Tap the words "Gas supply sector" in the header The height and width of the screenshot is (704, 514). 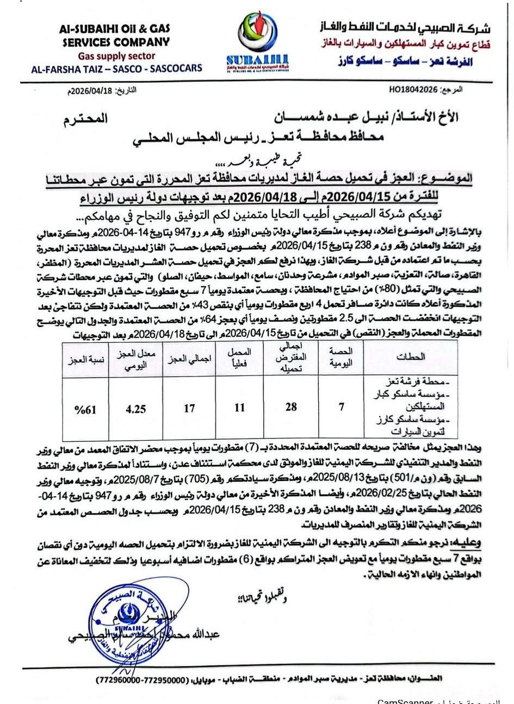[x=117, y=55]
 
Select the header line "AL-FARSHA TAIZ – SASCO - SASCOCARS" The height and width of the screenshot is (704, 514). [x=117, y=68]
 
